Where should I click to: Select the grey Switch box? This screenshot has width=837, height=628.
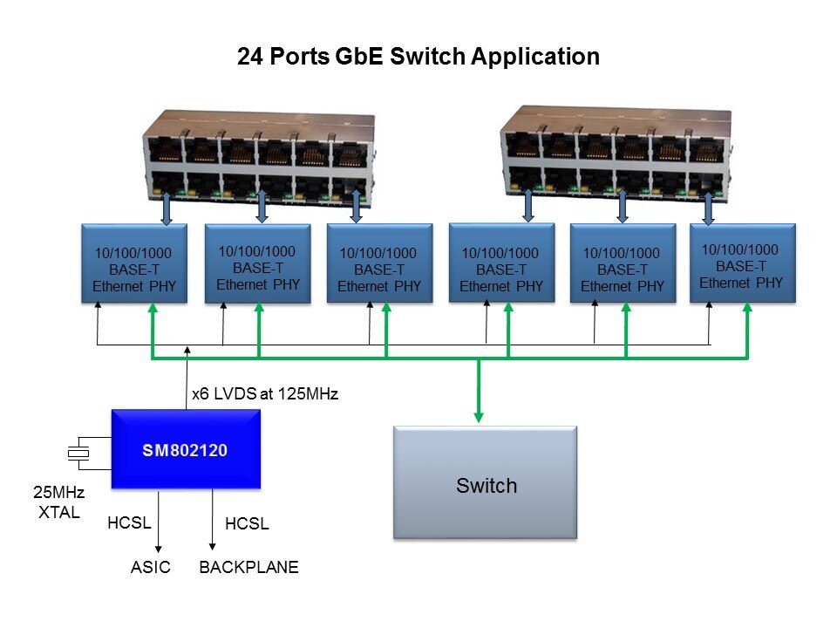(485, 482)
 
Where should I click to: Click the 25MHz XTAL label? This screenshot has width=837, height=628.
(58, 505)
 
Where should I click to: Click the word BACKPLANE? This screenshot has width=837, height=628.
(249, 568)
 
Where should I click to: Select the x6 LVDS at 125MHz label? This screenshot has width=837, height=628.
(264, 394)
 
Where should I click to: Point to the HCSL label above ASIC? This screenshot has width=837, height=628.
(129, 523)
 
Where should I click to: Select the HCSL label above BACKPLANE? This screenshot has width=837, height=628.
(247, 524)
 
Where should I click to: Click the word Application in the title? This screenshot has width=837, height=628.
(535, 58)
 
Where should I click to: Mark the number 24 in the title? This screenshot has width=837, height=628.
(249, 58)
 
